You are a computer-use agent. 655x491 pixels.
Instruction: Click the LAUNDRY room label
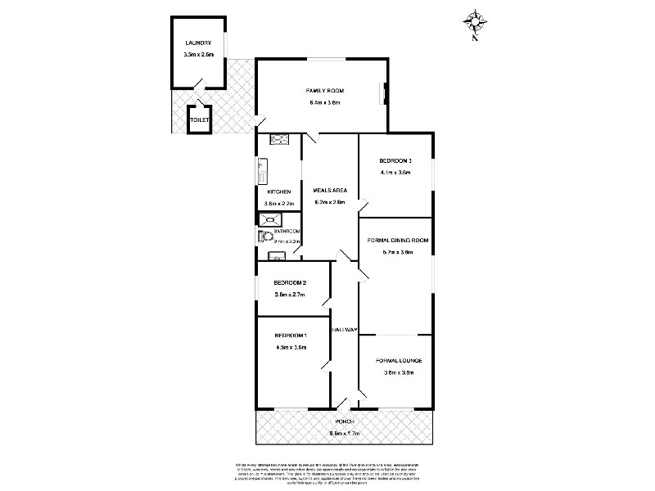point(198,43)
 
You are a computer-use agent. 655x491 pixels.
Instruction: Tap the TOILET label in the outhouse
point(199,120)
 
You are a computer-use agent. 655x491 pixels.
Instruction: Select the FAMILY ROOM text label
point(324,89)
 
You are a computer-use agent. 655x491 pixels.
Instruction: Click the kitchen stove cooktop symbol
point(278,139)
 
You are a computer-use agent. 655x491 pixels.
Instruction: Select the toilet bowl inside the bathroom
point(264,236)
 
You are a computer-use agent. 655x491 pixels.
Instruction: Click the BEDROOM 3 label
point(395,160)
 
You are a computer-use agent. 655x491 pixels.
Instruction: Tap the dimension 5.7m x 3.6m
point(397,252)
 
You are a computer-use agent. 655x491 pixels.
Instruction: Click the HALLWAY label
point(344,330)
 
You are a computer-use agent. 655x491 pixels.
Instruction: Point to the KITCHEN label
point(278,191)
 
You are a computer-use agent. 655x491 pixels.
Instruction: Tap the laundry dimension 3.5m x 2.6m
point(198,55)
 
